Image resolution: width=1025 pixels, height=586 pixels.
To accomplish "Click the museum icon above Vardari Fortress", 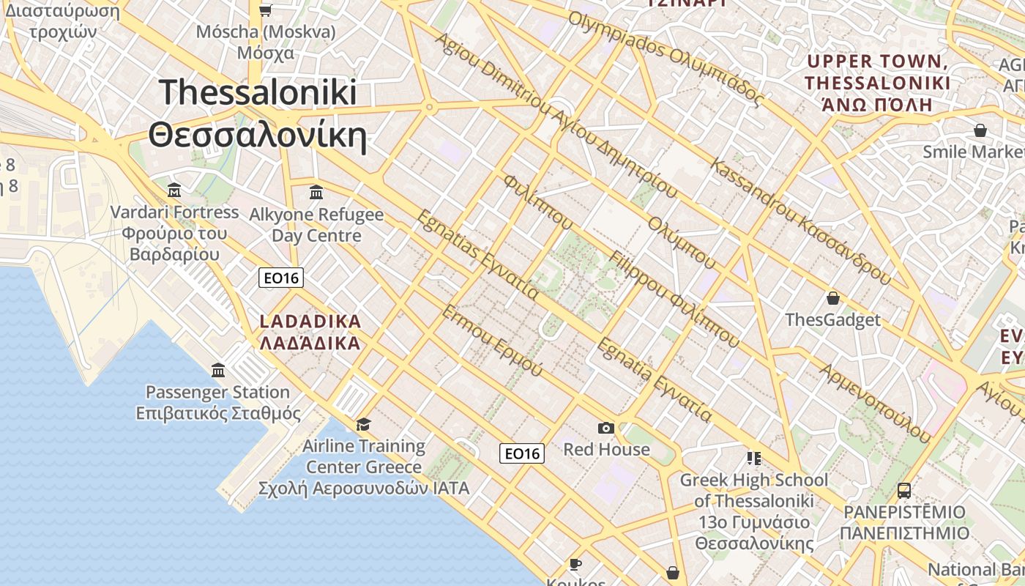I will pos(174,190).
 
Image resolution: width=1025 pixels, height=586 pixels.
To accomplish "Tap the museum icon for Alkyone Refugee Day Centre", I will pos(316,193).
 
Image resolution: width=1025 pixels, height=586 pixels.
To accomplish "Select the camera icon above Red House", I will pos(605,428).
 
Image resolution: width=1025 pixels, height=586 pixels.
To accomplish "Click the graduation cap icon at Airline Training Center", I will pos(363,424).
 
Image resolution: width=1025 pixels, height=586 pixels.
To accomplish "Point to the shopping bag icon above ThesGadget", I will pos(832,298).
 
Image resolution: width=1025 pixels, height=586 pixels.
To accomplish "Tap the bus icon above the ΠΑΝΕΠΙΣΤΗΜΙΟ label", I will pos(904,490).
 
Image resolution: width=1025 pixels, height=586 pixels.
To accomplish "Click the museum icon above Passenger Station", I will pos(217,370).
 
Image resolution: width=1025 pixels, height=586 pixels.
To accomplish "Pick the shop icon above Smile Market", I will pos(980,130).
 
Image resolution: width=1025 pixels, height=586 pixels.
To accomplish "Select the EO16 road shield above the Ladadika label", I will pos(281,278).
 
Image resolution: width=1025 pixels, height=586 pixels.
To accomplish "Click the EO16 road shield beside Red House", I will pos(523,453).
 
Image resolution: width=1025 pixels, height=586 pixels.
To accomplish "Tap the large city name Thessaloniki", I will pos(258,92).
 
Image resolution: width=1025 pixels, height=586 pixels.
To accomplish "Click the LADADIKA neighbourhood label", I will pos(310,322).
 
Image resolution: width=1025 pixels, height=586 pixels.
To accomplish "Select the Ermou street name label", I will pos(492,340).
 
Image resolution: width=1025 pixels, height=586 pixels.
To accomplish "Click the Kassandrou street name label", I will pos(801,223).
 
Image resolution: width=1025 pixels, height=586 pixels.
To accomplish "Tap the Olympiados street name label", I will pos(666,58).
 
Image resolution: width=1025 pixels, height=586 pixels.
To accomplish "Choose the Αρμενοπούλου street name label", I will pos(874,403).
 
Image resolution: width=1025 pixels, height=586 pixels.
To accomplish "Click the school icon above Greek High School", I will pos(753,459).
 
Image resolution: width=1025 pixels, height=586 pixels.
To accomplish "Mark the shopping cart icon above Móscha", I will pos(266,10).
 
